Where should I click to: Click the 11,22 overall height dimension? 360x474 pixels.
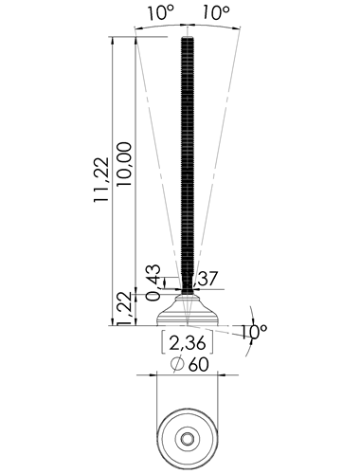pos(101,179)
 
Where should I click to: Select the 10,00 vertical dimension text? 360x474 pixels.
pos(124,164)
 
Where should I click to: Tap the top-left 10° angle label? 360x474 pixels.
pos(160,13)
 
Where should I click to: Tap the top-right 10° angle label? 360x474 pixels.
pos(216,13)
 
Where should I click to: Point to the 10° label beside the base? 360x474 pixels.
pos(255,331)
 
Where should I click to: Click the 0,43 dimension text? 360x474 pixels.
pos(153,283)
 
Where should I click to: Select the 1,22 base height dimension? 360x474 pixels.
pos(124,308)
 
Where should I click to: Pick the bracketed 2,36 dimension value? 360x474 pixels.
pos(188,343)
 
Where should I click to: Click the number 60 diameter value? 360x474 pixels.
pos(199,365)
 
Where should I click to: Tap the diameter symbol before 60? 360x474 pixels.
pos(177,364)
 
